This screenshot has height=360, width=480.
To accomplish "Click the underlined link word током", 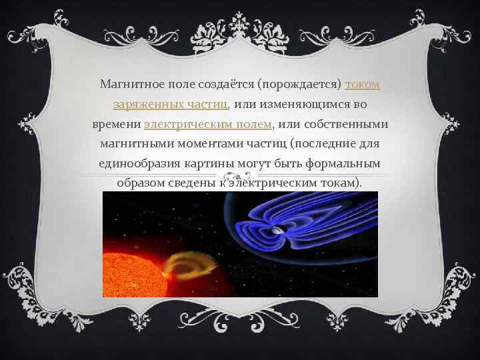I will click(363, 85).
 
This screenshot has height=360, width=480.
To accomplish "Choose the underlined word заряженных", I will click(141, 105).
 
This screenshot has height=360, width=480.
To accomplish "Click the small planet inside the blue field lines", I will click(275, 231).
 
